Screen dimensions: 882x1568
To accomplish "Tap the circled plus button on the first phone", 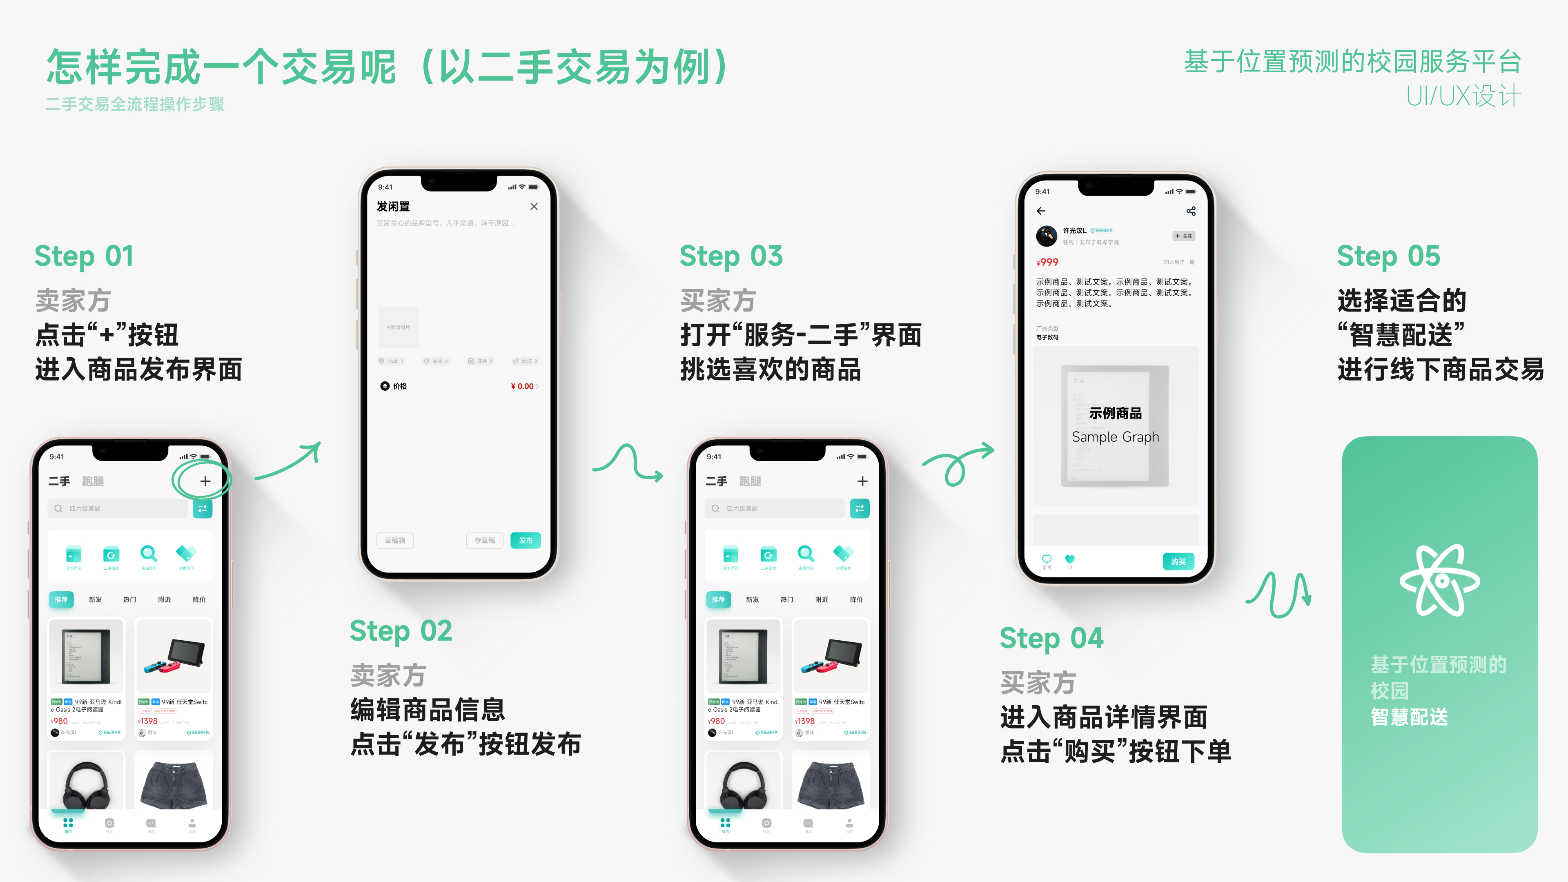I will [205, 481].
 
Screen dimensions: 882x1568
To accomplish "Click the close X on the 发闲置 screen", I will [534, 206].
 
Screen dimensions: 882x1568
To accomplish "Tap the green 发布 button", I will [525, 540].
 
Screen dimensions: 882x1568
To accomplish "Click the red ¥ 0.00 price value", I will [522, 386].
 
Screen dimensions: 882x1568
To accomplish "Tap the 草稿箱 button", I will [395, 540].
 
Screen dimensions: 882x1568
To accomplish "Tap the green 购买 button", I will [1178, 561].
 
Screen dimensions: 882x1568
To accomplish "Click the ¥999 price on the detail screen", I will [1047, 262].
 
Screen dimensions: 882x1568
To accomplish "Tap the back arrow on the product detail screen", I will [1041, 211].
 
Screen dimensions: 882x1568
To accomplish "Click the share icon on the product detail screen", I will [1191, 211].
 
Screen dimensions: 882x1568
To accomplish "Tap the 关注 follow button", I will [1184, 236].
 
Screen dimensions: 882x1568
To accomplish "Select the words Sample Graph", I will [1115, 437].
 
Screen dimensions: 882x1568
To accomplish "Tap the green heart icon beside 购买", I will [1069, 559].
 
